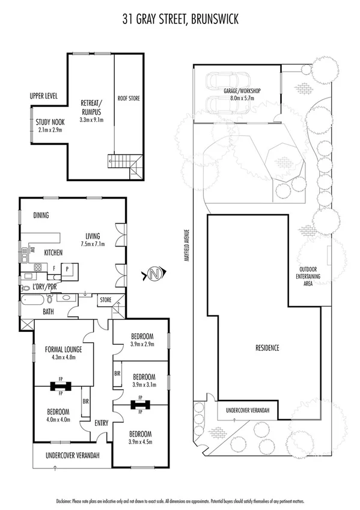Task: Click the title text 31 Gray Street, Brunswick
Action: tap(180, 19)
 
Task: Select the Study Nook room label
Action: tap(49, 123)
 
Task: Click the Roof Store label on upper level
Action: tap(128, 97)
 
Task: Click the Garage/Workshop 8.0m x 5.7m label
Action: tap(242, 94)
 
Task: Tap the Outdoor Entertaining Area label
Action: tap(310, 276)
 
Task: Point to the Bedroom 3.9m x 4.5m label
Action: tap(141, 438)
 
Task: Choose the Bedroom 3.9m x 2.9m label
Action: tap(141, 339)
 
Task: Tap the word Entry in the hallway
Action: tap(102, 423)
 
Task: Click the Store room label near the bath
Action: tap(106, 299)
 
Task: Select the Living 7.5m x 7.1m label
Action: tap(92, 240)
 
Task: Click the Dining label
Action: tap(41, 215)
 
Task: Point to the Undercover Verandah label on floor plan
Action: tap(73, 455)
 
